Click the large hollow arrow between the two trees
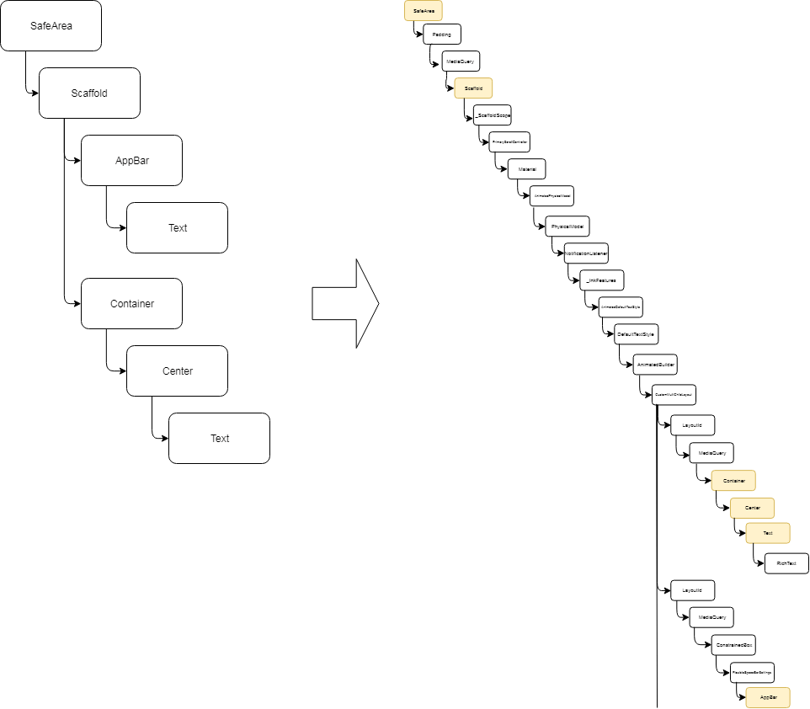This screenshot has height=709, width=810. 345,303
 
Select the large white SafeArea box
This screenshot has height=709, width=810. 51,25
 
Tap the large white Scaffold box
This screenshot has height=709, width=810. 89,93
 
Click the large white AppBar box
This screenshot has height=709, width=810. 131,160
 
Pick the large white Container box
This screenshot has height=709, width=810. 131,303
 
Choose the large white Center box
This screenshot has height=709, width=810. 177,370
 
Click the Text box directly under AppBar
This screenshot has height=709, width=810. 177,227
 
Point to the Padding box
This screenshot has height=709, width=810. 442,35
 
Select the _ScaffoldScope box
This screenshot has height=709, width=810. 493,115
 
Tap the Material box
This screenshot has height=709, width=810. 527,169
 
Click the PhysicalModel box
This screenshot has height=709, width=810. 568,227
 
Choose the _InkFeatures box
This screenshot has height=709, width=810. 602,280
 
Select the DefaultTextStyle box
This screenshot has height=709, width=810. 636,334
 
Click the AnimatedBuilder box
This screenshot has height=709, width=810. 656,364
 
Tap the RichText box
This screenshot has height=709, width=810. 786,563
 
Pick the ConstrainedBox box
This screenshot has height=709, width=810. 733,644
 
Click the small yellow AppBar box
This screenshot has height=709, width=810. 768,697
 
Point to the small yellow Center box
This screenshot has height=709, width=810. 752,508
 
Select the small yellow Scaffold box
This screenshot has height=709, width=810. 473,88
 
